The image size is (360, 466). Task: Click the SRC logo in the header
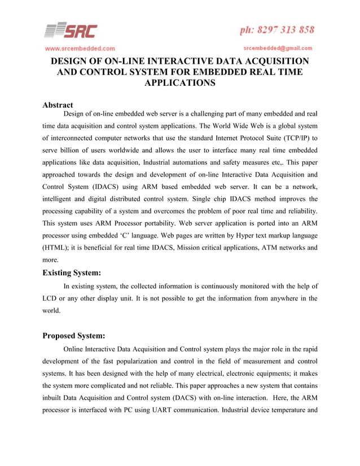pos(71,30)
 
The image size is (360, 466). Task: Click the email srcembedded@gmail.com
pos(278,48)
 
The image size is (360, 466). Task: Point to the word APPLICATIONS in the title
pos(180,83)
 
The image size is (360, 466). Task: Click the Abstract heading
pos(58,105)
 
